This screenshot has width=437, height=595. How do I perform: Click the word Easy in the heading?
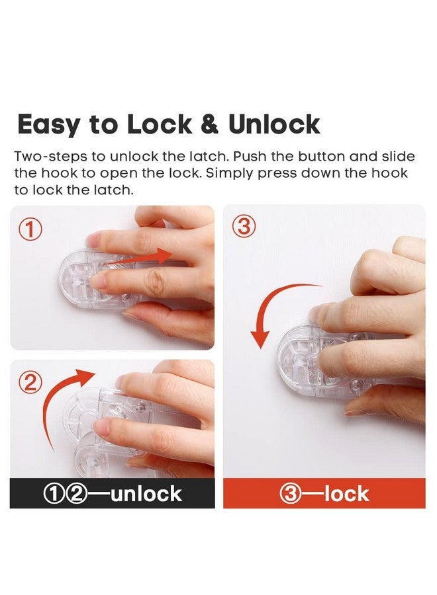(50, 125)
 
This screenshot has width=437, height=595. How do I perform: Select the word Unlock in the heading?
(274, 125)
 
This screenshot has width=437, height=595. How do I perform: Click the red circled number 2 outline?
(30, 382)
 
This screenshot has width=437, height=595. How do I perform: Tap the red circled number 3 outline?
(243, 227)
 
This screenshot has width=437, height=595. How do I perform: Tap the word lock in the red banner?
(346, 494)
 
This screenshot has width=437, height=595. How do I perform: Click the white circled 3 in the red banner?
(292, 494)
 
